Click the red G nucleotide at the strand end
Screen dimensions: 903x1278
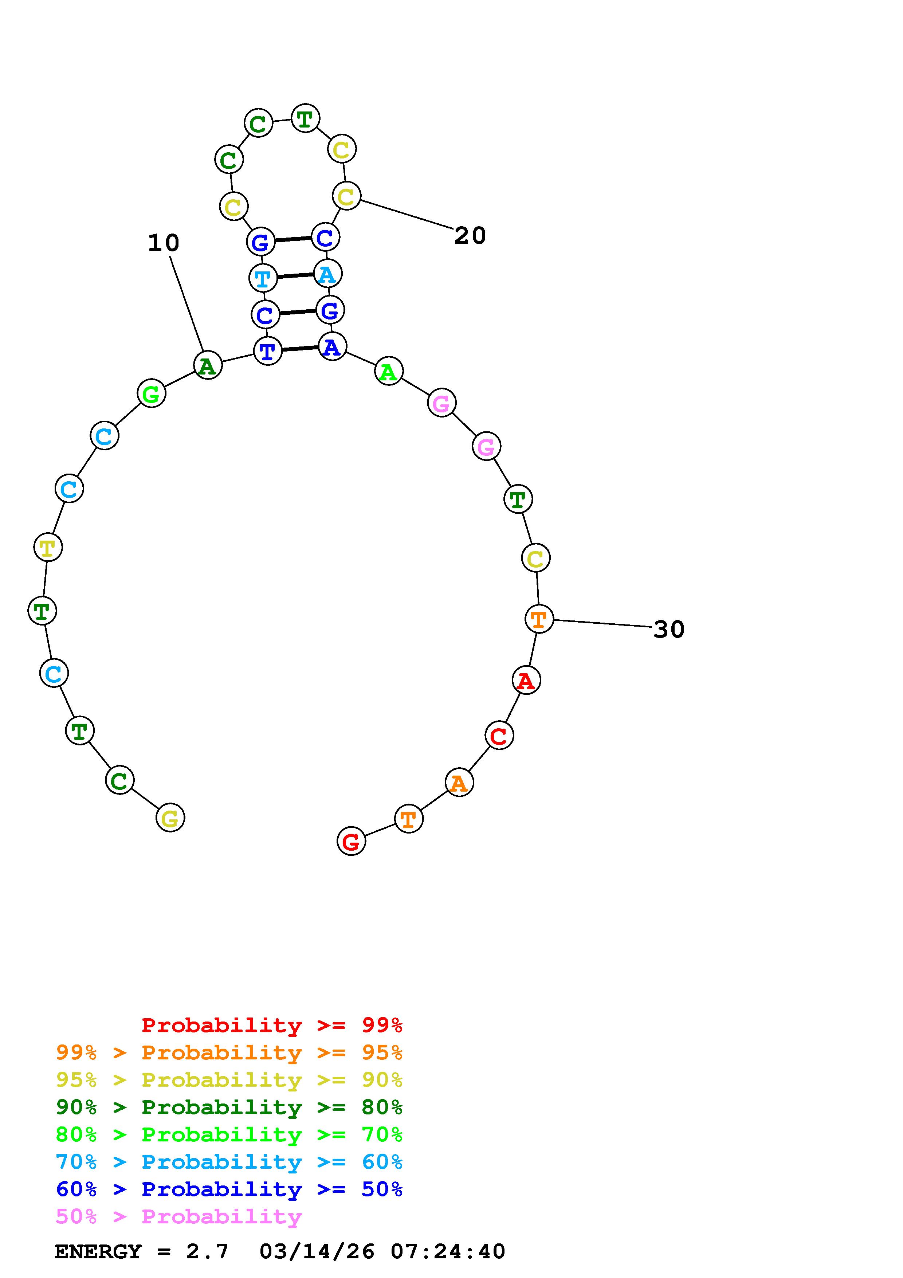point(351,841)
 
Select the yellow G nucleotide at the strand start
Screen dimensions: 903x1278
point(170,818)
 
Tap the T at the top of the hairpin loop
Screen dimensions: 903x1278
point(305,118)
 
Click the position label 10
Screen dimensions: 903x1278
point(164,243)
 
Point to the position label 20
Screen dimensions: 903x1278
point(470,235)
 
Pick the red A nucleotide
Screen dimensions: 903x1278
point(526,680)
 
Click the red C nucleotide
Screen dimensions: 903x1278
point(499,735)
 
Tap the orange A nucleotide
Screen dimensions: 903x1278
point(459,783)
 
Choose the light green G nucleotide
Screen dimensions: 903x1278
point(151,393)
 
